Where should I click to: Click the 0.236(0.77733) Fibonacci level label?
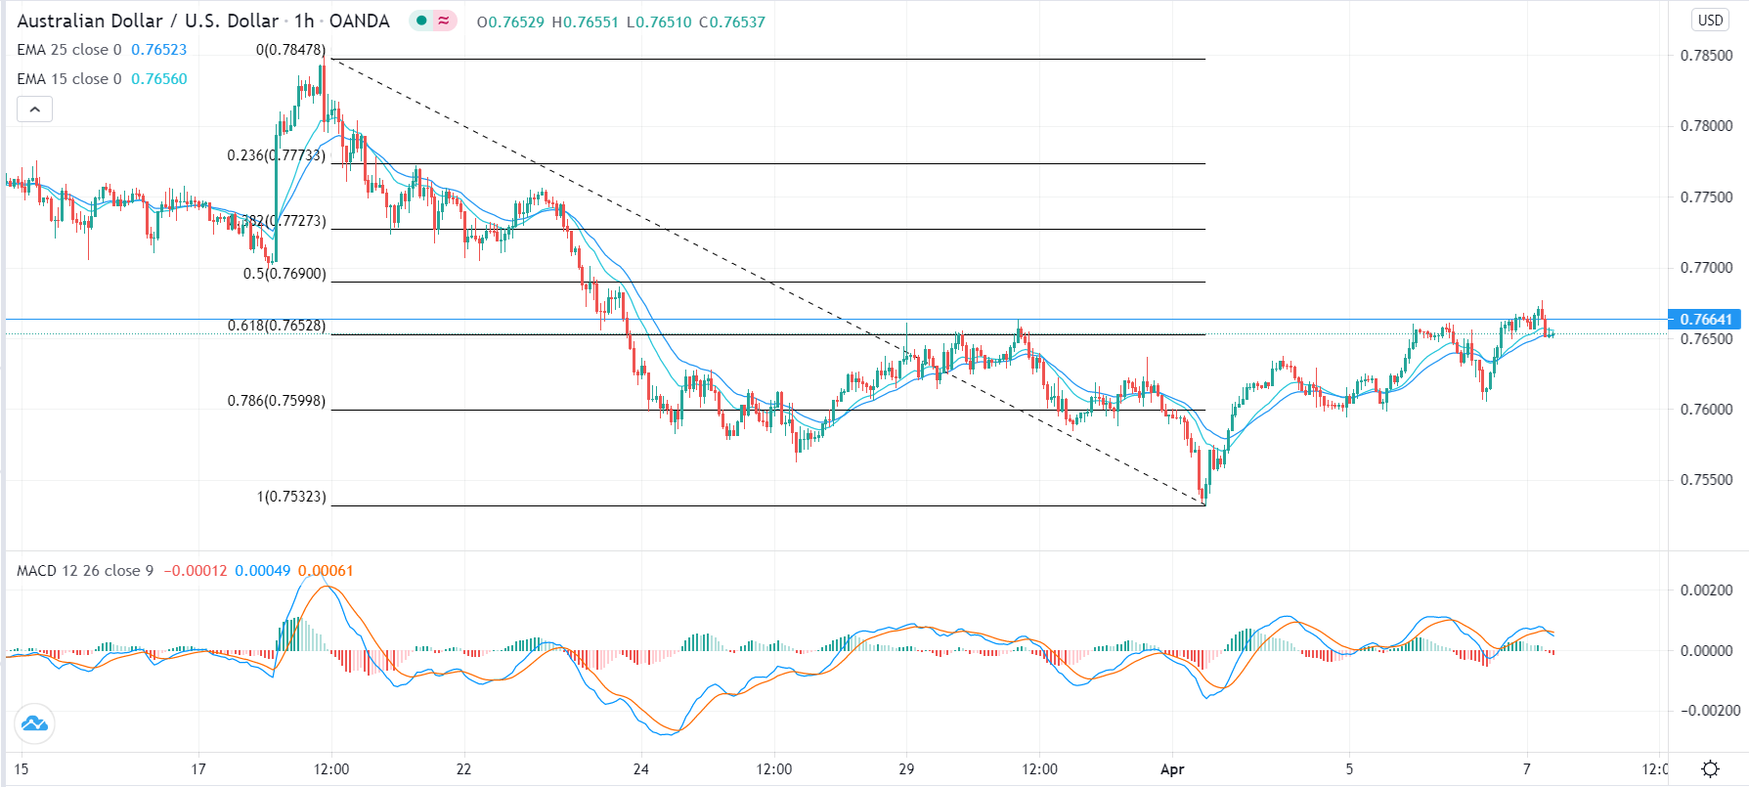click(276, 155)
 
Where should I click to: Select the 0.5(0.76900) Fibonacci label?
click(284, 274)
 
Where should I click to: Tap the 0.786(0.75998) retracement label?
click(276, 401)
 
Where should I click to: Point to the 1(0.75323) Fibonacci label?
click(291, 497)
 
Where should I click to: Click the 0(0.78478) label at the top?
click(290, 50)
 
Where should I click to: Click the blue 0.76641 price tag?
click(1706, 320)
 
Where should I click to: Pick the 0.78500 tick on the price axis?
click(1706, 56)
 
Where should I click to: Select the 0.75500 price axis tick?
click(1706, 480)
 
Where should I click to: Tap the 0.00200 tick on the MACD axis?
click(1706, 590)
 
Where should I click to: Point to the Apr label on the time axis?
click(1172, 769)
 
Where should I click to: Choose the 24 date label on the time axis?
click(641, 769)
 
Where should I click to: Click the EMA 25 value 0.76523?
click(158, 50)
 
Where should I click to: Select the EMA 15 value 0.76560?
click(159, 79)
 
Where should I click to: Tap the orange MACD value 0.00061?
click(326, 571)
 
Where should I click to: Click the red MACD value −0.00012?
click(196, 571)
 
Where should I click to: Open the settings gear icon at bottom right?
click(1710, 769)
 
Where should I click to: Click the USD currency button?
click(1710, 21)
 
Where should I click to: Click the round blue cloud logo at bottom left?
click(34, 724)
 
